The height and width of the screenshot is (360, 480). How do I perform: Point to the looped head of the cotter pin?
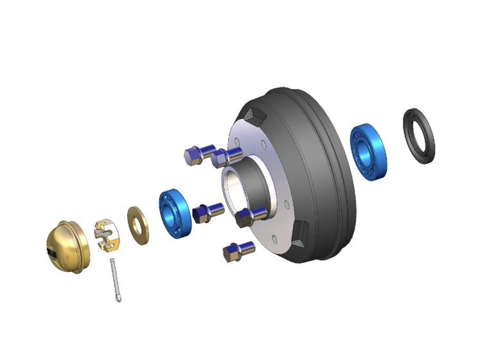click(x=120, y=298)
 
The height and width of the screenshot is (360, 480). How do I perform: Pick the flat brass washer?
click(x=138, y=225)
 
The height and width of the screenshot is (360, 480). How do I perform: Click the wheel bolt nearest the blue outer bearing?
click(x=209, y=211)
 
